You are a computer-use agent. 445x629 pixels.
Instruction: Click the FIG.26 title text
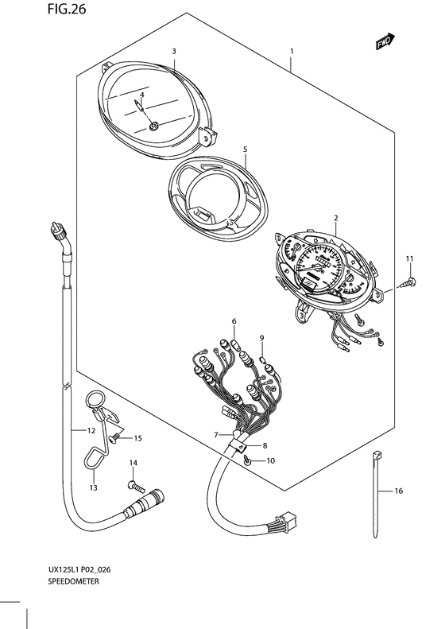click(x=24, y=10)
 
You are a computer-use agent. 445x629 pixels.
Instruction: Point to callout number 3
click(x=173, y=51)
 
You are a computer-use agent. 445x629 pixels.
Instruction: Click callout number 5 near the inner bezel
click(x=245, y=149)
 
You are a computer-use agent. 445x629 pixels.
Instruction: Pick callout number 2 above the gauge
click(x=336, y=217)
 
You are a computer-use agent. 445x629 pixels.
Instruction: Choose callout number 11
click(x=410, y=260)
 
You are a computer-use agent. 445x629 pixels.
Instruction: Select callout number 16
click(x=399, y=491)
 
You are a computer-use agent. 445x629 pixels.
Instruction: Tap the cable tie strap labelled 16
click(x=374, y=493)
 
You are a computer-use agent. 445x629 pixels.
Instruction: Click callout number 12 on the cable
click(x=91, y=430)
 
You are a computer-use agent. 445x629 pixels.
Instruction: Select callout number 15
click(x=137, y=437)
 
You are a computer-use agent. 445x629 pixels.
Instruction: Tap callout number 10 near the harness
click(x=270, y=460)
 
